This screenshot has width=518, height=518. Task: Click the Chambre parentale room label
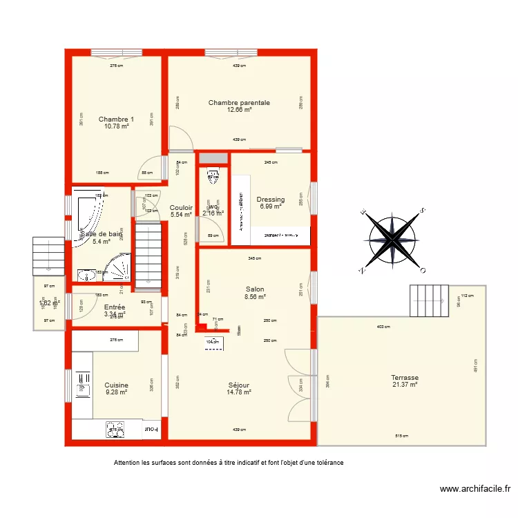239,103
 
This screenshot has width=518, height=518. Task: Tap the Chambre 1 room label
116,119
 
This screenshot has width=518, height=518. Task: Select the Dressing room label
271,200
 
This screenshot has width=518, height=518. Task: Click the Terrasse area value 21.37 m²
403,385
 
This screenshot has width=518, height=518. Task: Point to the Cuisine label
116,385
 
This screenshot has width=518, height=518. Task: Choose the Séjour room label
239,385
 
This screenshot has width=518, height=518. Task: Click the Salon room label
254,289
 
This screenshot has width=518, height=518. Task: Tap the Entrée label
114,307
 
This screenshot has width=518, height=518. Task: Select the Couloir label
181,207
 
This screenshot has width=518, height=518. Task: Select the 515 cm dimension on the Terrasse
401,436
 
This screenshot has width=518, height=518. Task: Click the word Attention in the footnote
129,463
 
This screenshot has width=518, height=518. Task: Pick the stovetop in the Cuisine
115,430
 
